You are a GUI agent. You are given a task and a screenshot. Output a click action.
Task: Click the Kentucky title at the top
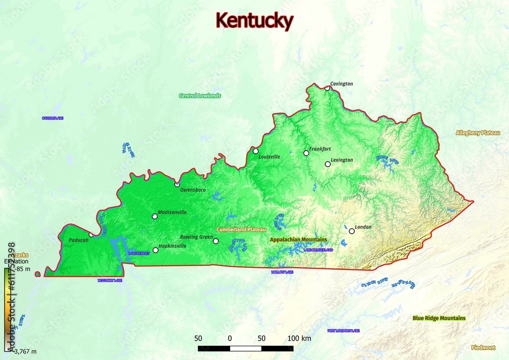click(x=254, y=21)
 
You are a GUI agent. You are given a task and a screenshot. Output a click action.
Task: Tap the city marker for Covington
click(x=327, y=88)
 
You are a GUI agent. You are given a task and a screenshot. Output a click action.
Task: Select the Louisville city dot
click(x=256, y=151)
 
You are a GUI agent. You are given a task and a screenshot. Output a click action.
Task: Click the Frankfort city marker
click(x=306, y=153)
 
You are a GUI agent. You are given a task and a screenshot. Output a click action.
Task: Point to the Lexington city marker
click(x=328, y=164)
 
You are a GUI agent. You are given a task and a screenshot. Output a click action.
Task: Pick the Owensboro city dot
click(x=177, y=184)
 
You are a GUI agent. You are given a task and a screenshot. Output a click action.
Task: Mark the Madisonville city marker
click(x=155, y=216)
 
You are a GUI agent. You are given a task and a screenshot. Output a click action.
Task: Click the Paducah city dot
click(x=91, y=235)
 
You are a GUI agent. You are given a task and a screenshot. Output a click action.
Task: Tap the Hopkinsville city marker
click(x=155, y=250)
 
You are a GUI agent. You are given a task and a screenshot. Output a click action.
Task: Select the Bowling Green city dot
click(x=216, y=241)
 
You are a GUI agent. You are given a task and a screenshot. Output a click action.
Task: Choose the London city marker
click(x=352, y=231)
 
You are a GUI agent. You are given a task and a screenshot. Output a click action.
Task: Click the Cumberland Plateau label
click(x=241, y=230)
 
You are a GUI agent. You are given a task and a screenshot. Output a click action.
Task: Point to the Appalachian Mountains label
click(x=299, y=239)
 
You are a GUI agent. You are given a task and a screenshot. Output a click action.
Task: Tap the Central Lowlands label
click(x=200, y=96)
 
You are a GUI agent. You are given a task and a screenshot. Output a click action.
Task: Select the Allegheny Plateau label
click(x=478, y=133)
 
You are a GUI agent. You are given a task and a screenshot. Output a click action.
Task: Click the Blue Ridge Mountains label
click(x=439, y=318)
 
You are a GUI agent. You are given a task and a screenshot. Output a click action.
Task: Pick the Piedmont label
click(x=483, y=348)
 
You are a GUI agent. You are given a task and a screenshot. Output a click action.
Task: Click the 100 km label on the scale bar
click(x=299, y=339)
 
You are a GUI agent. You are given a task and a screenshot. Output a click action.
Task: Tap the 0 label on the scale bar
click(x=230, y=339)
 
